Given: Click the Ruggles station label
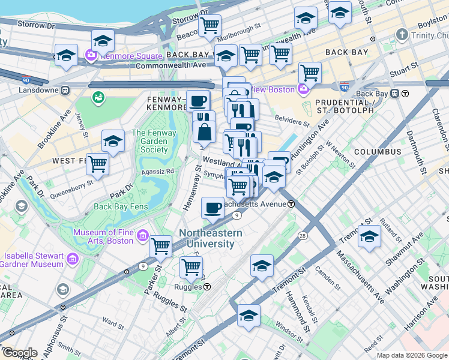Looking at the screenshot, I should (188, 286).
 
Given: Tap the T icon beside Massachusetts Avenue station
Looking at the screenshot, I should (291, 204).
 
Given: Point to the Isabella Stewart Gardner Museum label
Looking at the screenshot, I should (32, 260).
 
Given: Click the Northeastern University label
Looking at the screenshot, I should (209, 239).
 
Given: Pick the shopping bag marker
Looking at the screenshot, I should (205, 131).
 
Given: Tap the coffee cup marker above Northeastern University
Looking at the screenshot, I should (212, 209).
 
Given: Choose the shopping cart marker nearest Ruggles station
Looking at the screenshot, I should (191, 268).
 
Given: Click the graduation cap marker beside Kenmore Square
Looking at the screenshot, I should (103, 40).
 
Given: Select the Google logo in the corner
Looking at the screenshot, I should (20, 353).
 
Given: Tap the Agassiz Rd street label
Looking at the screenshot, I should (158, 171).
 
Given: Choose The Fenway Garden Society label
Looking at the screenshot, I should (154, 142).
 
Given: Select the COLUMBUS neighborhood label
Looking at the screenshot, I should (377, 152).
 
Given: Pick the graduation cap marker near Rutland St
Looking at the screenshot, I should (369, 236).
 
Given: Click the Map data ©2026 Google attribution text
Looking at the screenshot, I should (412, 355).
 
